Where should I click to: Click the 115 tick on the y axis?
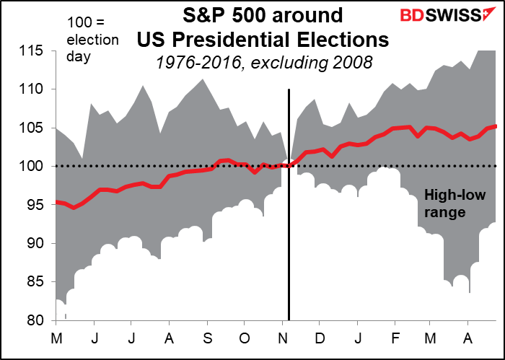[32, 51]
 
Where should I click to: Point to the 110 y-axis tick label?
[32, 89]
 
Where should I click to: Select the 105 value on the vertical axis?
[32, 128]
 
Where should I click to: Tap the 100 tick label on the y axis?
[32, 167]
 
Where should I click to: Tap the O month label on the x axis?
[244, 338]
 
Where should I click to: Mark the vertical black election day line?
[289, 216]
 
